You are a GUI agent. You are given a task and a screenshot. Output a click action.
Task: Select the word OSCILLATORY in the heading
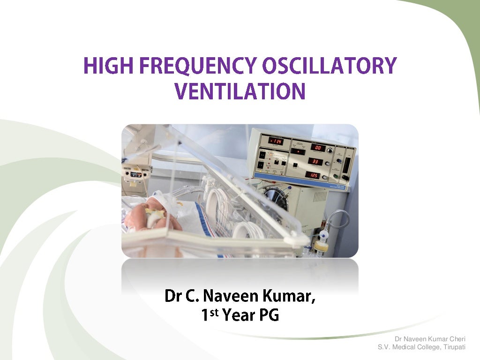[x=329, y=66]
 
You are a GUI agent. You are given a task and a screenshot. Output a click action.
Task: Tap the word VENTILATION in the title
[x=240, y=91]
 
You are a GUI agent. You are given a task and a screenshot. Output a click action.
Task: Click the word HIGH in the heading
[x=105, y=66]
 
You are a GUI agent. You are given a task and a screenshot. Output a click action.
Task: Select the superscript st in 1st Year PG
[x=214, y=312]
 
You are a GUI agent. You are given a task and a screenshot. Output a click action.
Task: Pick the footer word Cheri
[x=457, y=338]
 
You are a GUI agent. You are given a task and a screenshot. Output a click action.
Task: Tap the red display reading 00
[x=318, y=148]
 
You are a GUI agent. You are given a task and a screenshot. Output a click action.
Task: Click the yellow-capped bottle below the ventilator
[x=321, y=246]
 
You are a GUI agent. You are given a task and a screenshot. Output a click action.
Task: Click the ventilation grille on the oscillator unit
[x=320, y=195]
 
